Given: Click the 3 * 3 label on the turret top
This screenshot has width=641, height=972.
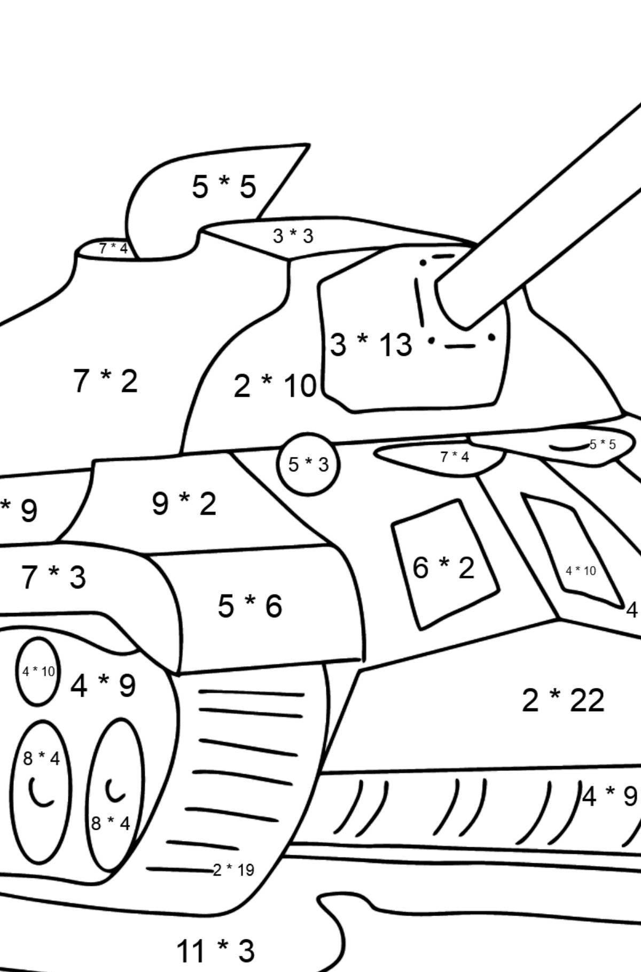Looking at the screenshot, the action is pyautogui.click(x=293, y=236).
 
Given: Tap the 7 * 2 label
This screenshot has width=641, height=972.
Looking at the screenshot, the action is pyautogui.click(x=105, y=381).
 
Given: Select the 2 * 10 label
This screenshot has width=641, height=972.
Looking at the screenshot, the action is pyautogui.click(x=275, y=386).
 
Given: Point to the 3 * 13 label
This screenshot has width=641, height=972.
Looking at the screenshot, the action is pyautogui.click(x=371, y=344).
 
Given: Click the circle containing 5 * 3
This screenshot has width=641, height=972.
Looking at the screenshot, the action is pyautogui.click(x=308, y=464).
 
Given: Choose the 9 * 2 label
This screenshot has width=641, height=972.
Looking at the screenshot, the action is pyautogui.click(x=184, y=504).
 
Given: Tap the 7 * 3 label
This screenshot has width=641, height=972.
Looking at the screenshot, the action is pyautogui.click(x=53, y=577).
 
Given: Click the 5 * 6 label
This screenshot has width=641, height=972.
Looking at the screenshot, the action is pyautogui.click(x=249, y=606).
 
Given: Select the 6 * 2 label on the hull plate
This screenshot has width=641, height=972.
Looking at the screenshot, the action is pyautogui.click(x=443, y=567).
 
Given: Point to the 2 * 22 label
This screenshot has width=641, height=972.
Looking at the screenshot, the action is pyautogui.click(x=562, y=700).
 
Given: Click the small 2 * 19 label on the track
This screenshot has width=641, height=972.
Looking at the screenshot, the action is pyautogui.click(x=233, y=870).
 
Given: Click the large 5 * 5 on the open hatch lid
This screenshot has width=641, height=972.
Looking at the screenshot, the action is pyautogui.click(x=224, y=187).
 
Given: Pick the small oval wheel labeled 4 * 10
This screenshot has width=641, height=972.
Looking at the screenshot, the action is pyautogui.click(x=38, y=672).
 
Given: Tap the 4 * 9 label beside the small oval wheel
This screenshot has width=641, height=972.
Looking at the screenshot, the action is pyautogui.click(x=103, y=685).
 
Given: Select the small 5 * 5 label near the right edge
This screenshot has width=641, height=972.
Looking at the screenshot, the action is pyautogui.click(x=603, y=444).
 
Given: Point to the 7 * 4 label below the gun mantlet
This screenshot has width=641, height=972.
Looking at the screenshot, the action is pyautogui.click(x=455, y=457).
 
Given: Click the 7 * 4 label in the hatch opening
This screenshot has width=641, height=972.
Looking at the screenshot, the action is pyautogui.click(x=113, y=249).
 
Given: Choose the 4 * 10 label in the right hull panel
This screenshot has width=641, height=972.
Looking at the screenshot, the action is pyautogui.click(x=581, y=571).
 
